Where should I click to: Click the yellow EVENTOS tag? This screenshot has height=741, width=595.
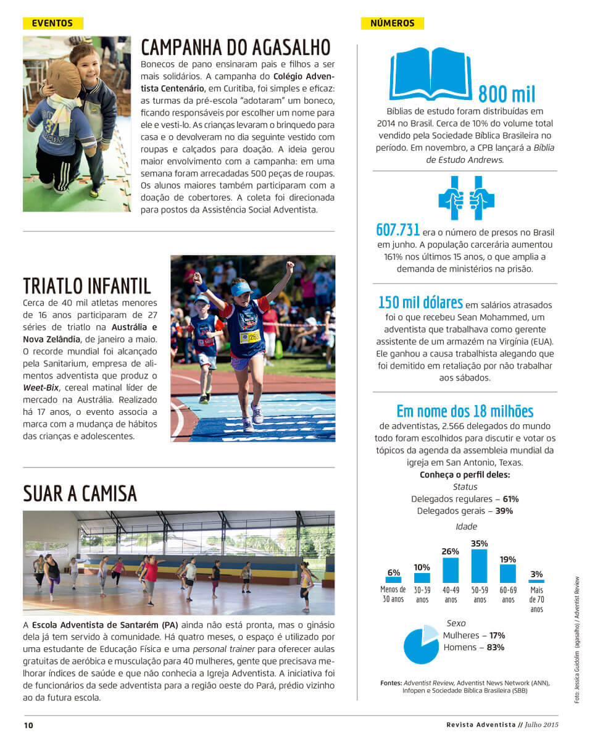coord(52,23)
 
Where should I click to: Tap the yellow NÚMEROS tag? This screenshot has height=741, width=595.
coord(392,23)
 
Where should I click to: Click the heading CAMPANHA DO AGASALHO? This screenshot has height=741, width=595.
coord(236,48)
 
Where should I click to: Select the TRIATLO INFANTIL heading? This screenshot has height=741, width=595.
coord(87,286)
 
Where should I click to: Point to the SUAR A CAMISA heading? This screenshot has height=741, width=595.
coord(80,493)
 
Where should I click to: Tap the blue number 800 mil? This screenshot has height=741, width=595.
coord(507,93)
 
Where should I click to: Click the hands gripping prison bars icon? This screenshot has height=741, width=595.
coord(466,198)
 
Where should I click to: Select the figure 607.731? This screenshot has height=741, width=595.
coord(397,230)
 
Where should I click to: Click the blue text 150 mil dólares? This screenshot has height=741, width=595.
coord(420,303)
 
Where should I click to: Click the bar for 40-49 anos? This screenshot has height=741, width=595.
coord(451,569)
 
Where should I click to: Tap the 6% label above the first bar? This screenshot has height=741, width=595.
coord(394,572)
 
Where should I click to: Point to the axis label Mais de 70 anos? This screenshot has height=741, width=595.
coord(536,599)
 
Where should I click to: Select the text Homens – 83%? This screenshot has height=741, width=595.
coord(473,647)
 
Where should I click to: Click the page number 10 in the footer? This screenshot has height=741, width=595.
coord(28,725)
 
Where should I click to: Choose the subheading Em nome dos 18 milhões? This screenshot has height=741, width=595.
coord(465,411)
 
